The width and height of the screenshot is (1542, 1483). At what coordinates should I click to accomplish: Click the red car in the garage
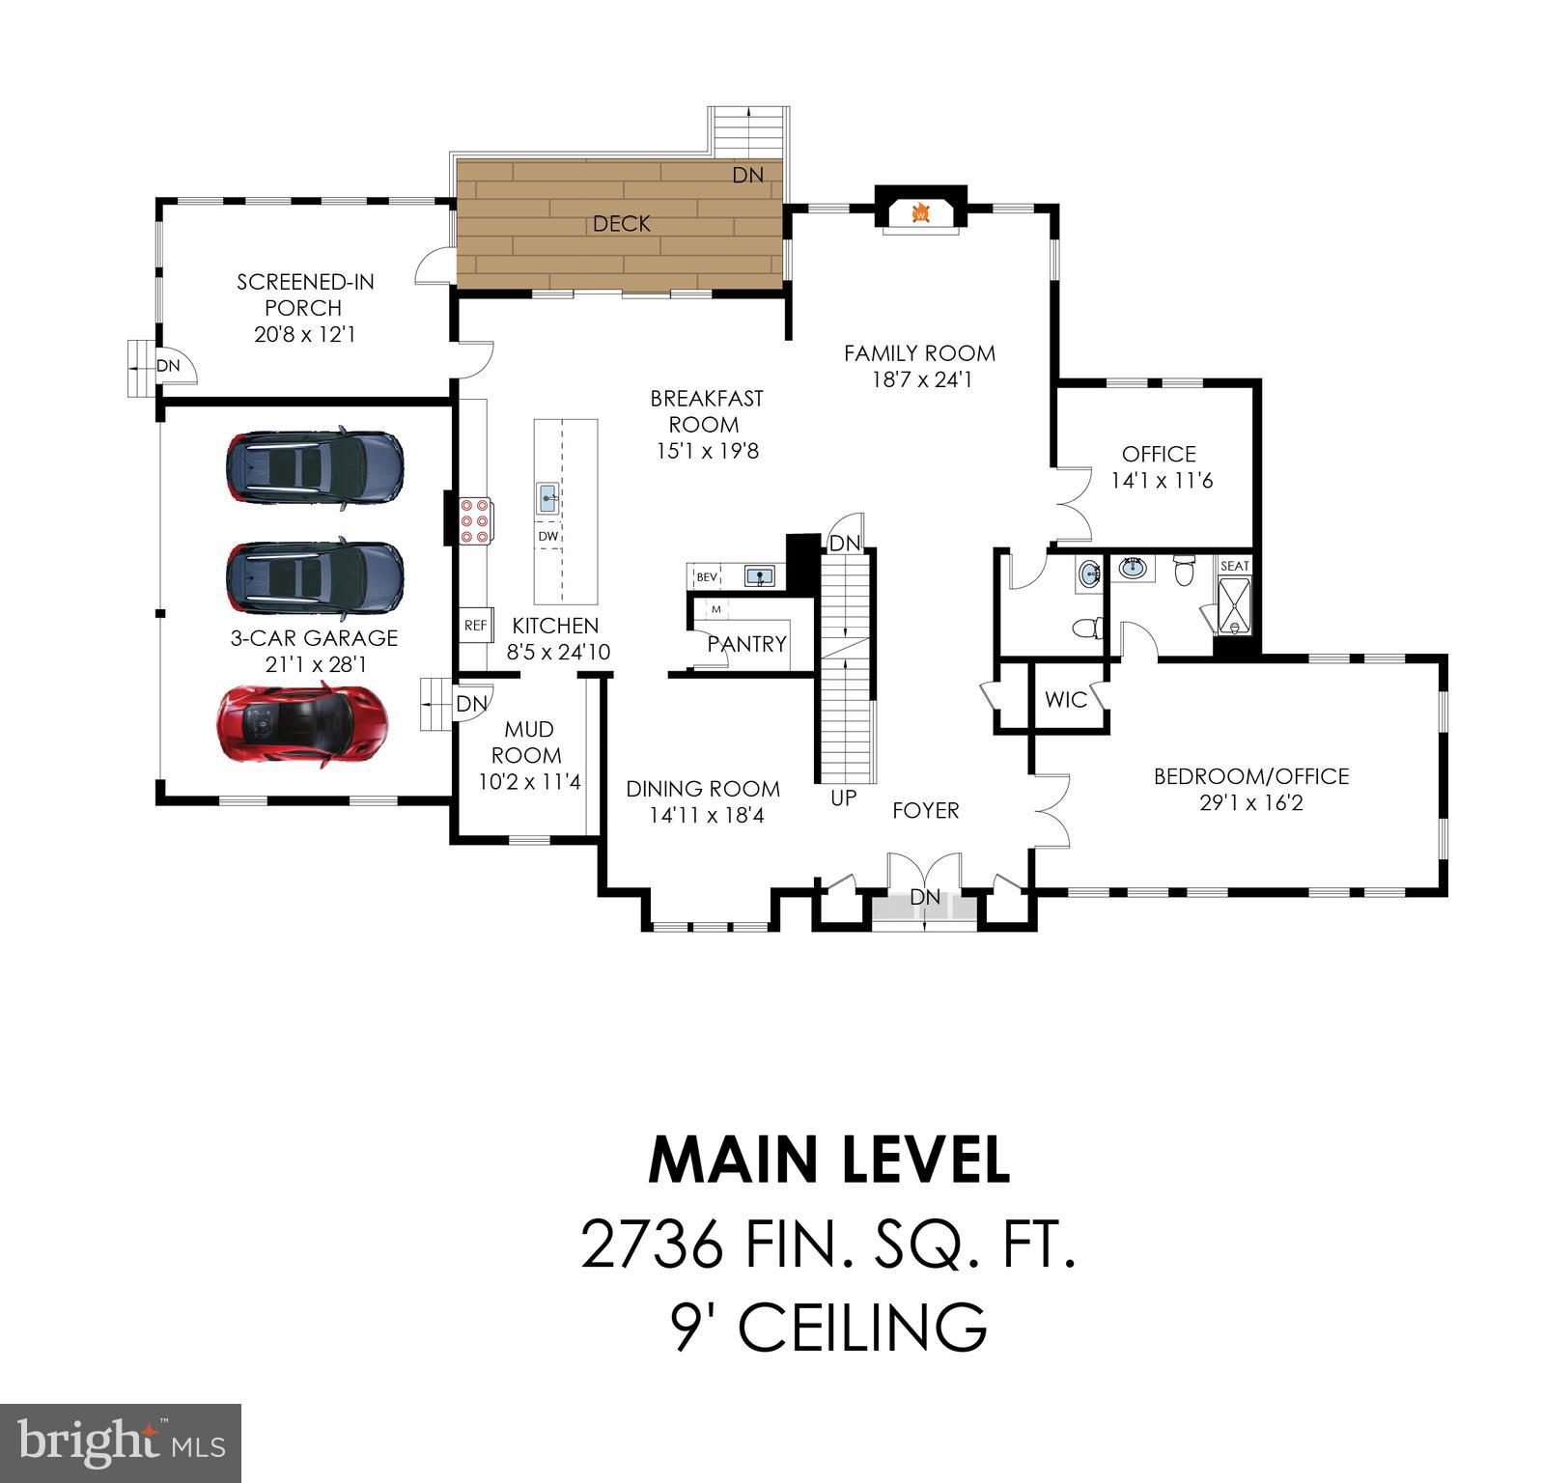coord(302,726)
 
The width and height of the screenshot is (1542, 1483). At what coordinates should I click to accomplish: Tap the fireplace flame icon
coord(920,211)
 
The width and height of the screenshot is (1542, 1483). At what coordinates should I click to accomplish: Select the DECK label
coord(621,224)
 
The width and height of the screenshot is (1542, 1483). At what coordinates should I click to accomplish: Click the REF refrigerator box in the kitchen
coord(475,626)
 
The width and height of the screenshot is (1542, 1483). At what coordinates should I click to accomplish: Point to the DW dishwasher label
coord(547,537)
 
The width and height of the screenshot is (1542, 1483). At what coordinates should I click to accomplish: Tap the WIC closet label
coord(1065,700)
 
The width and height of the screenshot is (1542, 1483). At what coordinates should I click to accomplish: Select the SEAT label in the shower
coord(1234,566)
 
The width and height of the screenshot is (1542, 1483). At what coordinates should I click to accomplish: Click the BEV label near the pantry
coord(707,577)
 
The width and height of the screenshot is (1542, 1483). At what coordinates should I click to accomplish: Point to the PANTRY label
coord(746,644)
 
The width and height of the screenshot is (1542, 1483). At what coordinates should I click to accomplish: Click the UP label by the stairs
coord(843,798)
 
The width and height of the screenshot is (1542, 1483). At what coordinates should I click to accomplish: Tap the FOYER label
coord(925,811)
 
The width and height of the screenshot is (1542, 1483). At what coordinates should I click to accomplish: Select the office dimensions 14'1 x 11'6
coord(1161,481)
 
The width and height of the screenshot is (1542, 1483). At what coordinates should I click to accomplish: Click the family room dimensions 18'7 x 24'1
coord(921,380)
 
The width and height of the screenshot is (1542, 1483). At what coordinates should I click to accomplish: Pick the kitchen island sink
coord(547,499)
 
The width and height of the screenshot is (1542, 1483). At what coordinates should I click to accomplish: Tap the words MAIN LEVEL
coord(828,1160)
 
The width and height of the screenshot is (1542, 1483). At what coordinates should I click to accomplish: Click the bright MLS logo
coord(120,1442)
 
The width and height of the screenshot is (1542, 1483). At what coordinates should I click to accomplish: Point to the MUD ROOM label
coord(526,742)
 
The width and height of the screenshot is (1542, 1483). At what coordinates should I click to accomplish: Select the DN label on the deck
coord(747,175)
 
